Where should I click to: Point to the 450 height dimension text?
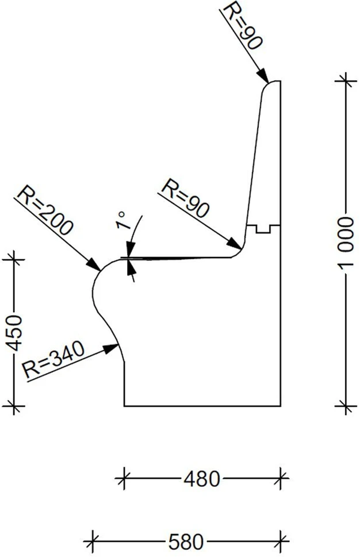[x=15, y=333]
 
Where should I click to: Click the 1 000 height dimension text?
[x=346, y=243]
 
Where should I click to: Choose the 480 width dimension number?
[x=202, y=479]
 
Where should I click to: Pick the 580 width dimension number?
[x=186, y=542]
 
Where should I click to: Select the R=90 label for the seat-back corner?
[x=185, y=198]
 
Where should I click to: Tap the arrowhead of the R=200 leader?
[x=94, y=264]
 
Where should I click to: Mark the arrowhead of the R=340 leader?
[x=111, y=348]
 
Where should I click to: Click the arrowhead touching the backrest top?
[x=263, y=75]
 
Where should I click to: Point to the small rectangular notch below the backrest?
[x=263, y=229]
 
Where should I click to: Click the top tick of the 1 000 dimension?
[x=346, y=81]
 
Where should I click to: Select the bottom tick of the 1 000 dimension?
[x=346, y=406]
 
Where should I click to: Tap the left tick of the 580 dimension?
[x=93, y=541]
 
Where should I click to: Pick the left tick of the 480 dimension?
[x=124, y=478]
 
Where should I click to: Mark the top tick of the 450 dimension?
[x=14, y=259]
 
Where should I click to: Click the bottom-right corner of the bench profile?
[x=281, y=406]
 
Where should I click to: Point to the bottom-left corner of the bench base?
[x=124, y=406]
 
